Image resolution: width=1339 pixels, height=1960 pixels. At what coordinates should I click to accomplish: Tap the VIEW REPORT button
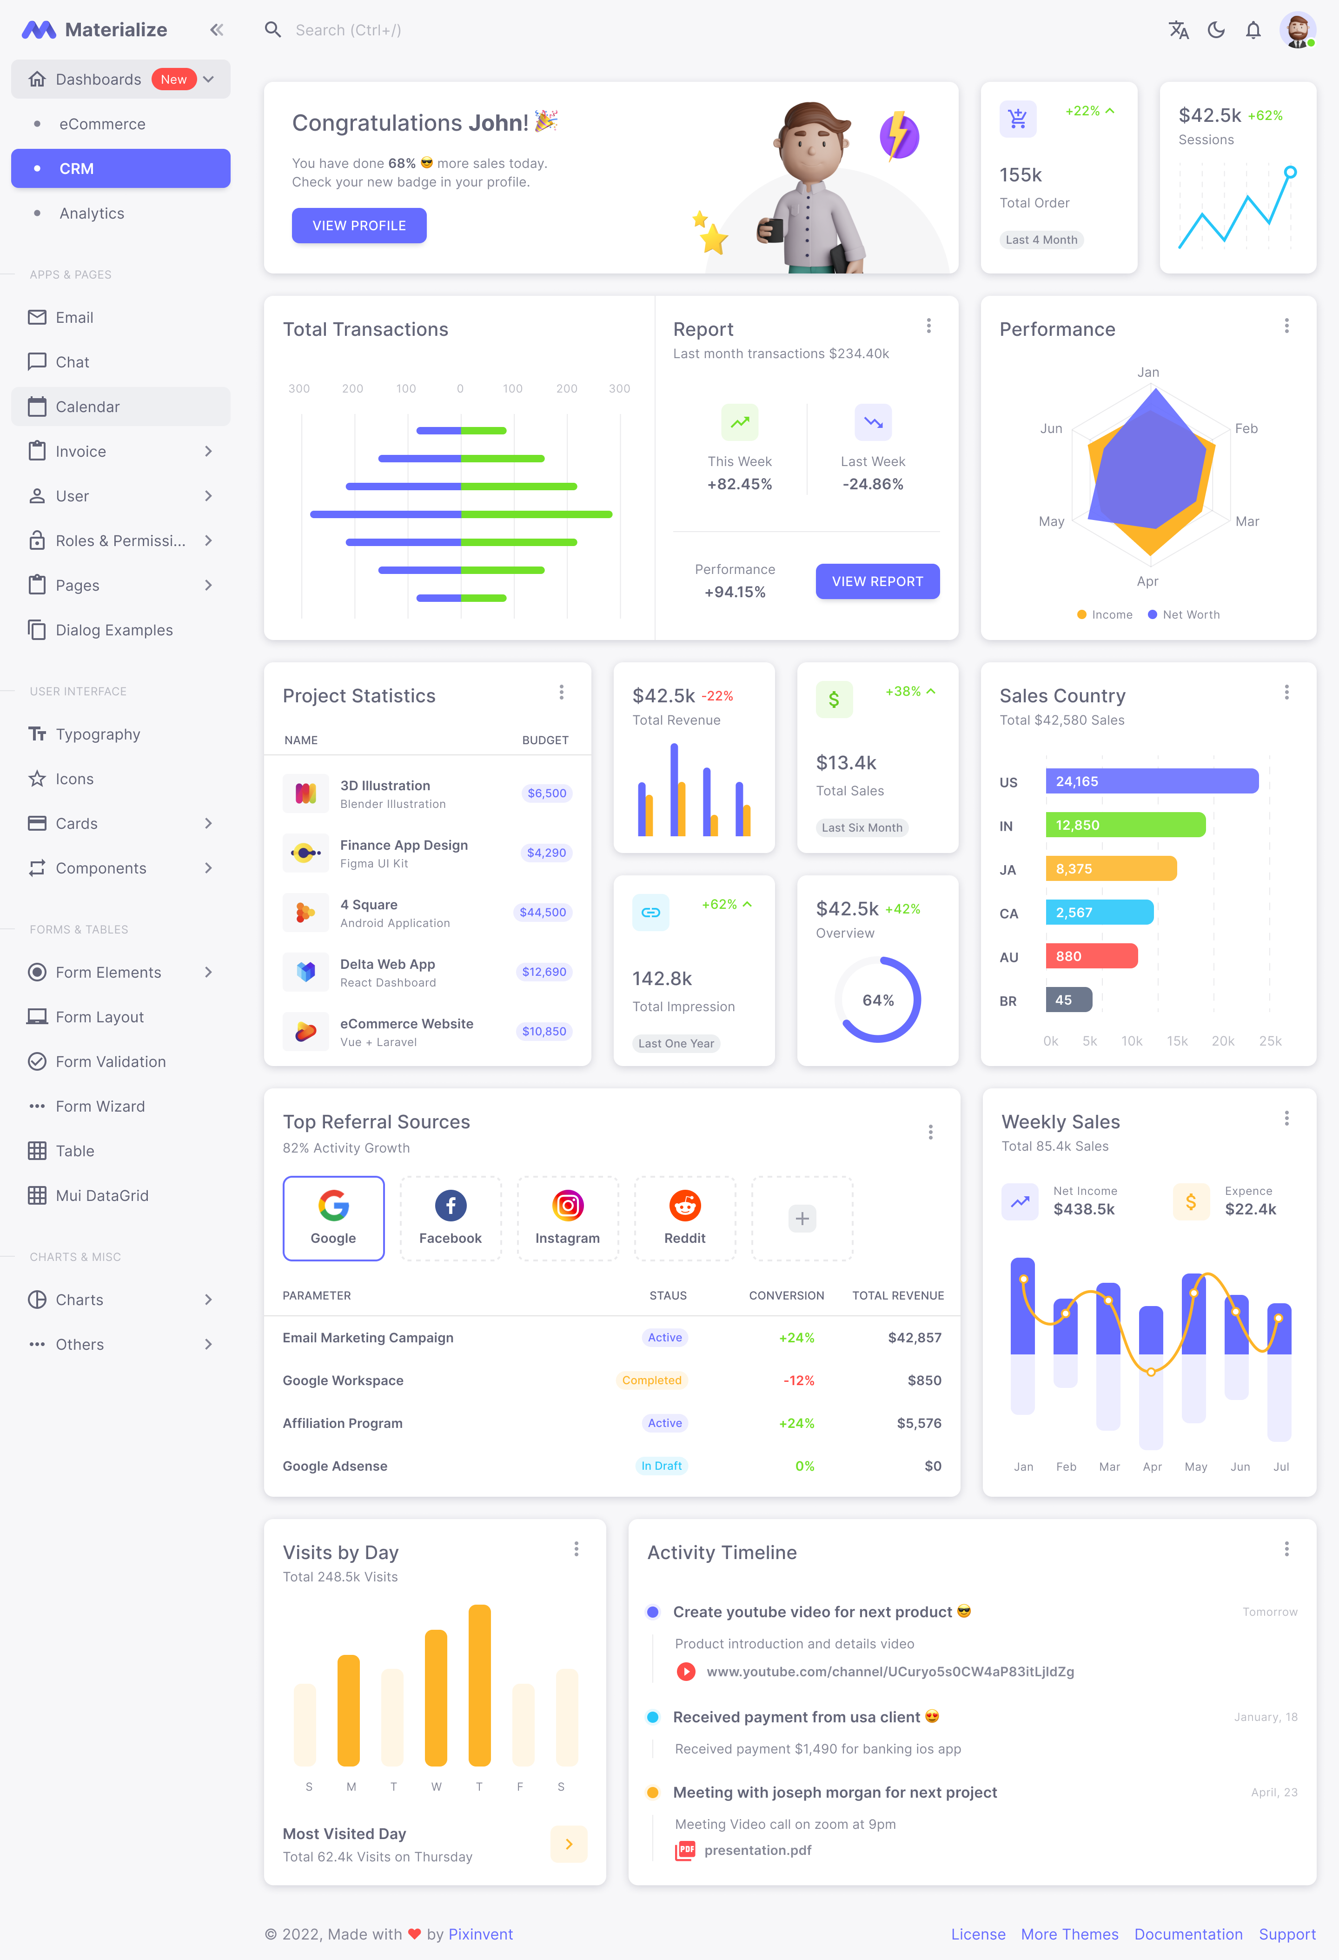tap(877, 581)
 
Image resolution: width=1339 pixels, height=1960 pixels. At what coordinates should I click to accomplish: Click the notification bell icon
tap(1253, 30)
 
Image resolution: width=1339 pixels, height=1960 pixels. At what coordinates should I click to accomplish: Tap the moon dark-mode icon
tap(1216, 30)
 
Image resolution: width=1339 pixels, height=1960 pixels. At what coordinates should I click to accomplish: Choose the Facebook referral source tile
tap(450, 1218)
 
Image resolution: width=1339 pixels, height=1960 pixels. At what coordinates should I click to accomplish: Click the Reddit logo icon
tap(685, 1205)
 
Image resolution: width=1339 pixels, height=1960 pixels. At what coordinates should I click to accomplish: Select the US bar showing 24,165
tap(1151, 781)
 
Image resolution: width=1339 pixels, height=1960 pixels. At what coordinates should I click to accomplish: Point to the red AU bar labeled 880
tap(1091, 955)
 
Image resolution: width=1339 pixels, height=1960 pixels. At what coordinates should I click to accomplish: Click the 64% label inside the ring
tap(878, 1000)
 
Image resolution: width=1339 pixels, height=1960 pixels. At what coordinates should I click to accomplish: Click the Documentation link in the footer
tap(1188, 1934)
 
